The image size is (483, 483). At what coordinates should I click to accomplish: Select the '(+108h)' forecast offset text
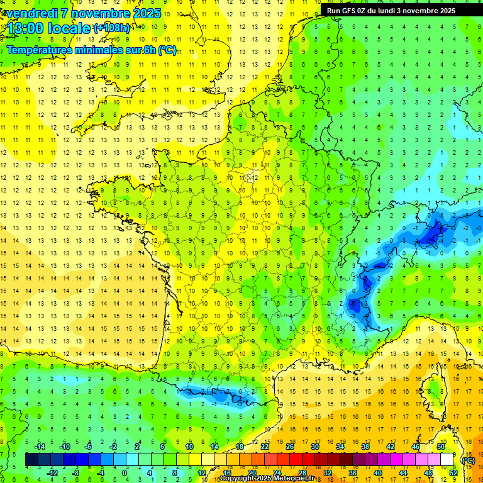pyautogui.click(x=112, y=28)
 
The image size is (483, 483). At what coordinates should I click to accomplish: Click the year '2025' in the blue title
pyautogui.click(x=144, y=13)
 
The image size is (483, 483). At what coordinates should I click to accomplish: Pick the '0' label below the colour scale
pyautogui.click(x=124, y=472)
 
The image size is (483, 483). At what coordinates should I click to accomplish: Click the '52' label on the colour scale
pyautogui.click(x=453, y=472)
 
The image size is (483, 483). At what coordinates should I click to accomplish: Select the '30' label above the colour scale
pyautogui.click(x=314, y=447)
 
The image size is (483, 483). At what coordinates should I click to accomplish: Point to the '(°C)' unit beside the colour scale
pyautogui.click(x=468, y=460)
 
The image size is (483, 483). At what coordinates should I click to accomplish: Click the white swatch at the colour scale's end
pyautogui.click(x=447, y=460)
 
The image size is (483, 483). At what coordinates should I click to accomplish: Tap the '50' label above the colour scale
pyautogui.click(x=441, y=447)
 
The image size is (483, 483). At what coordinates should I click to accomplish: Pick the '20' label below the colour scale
pyautogui.click(x=252, y=472)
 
